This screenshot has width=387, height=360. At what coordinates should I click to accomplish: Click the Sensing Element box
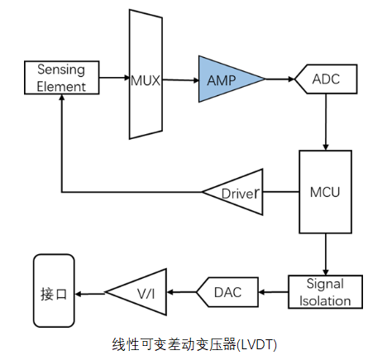tap(62, 77)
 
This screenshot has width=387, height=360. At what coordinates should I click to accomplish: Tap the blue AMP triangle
tap(226, 80)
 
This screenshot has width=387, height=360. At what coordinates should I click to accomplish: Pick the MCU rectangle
tap(325, 192)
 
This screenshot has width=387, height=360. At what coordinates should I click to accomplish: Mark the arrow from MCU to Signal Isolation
tap(326, 254)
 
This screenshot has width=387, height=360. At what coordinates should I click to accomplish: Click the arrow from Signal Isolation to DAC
tap(273, 291)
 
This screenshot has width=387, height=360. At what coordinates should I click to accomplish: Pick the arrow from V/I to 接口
tap(93, 291)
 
